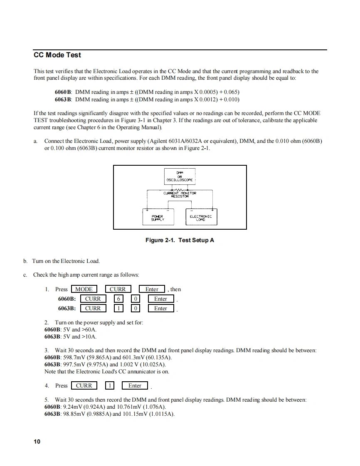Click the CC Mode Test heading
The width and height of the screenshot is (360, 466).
[x=57, y=55]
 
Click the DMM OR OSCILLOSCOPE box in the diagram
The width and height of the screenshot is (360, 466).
[x=180, y=177]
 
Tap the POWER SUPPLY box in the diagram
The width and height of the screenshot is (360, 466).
[x=158, y=218]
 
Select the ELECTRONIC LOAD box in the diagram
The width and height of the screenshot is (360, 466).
[x=200, y=218]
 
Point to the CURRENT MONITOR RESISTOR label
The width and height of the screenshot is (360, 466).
[x=180, y=194]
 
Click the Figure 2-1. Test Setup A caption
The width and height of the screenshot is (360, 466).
[x=180, y=240]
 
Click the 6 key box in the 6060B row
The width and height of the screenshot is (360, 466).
[x=118, y=299]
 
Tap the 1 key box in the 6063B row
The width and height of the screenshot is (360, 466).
[x=118, y=308]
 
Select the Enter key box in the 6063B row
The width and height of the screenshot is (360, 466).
[x=160, y=308]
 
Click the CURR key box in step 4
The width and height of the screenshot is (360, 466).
[x=84, y=385]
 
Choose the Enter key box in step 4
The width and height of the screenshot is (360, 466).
[x=135, y=385]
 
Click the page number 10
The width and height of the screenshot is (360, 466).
[x=37, y=441]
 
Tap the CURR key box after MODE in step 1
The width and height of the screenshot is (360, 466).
[x=118, y=289]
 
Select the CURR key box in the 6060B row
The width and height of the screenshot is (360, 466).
[x=93, y=299]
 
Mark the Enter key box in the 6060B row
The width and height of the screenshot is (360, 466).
[x=160, y=299]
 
